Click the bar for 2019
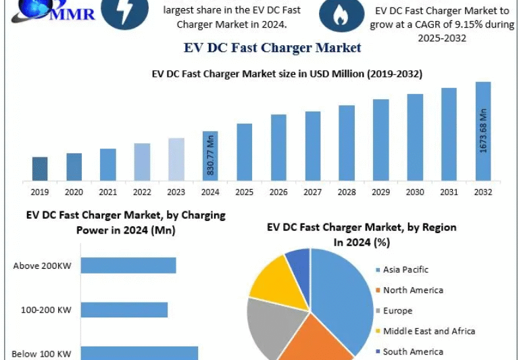click(x=40, y=169)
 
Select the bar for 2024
click(x=210, y=156)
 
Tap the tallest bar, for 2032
click(x=483, y=132)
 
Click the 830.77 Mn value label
click(x=211, y=156)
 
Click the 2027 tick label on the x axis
click(x=312, y=192)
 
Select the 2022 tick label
click(x=142, y=192)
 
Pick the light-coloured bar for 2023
click(x=176, y=159)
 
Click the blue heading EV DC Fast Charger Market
click(x=272, y=48)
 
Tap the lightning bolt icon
click(x=124, y=13)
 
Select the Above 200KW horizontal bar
click(x=128, y=265)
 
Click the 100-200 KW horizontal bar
click(x=124, y=309)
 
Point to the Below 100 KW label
click(x=41, y=353)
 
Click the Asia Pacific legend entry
click(x=405, y=269)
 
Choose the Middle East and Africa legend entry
click(x=428, y=331)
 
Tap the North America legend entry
click(x=413, y=290)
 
